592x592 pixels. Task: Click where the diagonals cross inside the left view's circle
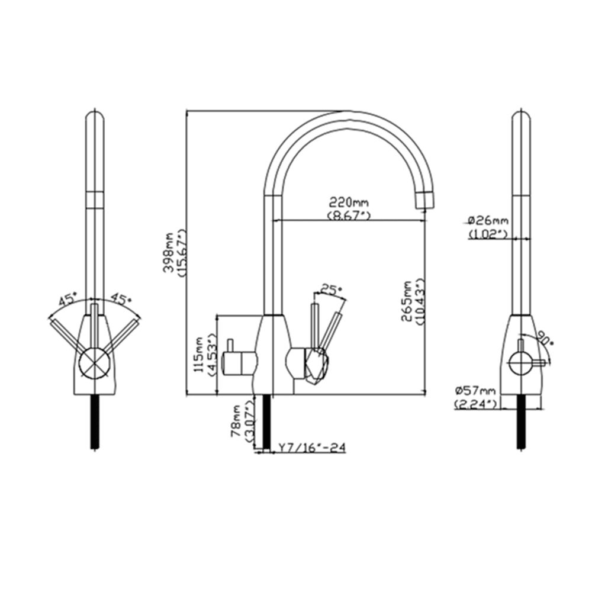(x=95, y=363)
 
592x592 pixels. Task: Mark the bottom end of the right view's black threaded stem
(x=522, y=449)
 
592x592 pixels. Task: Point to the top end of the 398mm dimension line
(x=187, y=111)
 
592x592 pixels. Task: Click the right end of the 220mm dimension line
(x=425, y=220)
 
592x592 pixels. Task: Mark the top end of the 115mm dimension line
(x=217, y=314)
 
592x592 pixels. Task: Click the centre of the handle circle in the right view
(x=521, y=363)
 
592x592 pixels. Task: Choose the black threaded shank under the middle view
(x=266, y=422)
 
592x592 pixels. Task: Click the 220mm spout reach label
(x=349, y=203)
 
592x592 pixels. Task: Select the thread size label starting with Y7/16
(x=312, y=448)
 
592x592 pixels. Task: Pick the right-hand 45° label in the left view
(x=120, y=300)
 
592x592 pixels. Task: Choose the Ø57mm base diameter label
(x=475, y=390)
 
